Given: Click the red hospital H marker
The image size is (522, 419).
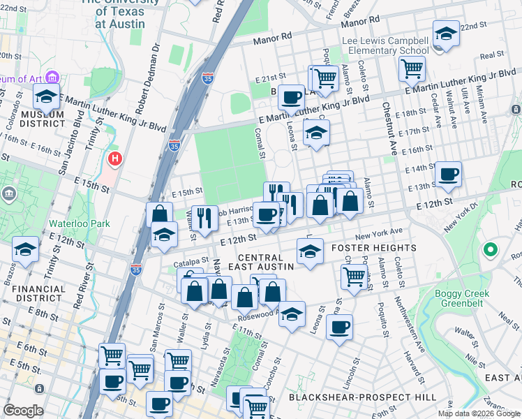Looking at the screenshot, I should click(114, 160).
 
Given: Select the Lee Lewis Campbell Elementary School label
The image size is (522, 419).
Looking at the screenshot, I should click(386, 46).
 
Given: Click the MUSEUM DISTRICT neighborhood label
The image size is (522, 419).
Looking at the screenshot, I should click(42, 119).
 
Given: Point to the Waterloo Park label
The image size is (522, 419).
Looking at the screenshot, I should click(70, 225).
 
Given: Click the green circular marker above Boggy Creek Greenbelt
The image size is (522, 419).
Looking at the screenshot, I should click(491, 249).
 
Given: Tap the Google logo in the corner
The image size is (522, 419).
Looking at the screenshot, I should click(23, 411).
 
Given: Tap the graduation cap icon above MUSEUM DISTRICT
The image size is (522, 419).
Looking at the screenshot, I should click(46, 97).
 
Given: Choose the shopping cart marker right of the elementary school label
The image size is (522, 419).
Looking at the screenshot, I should click(412, 68).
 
